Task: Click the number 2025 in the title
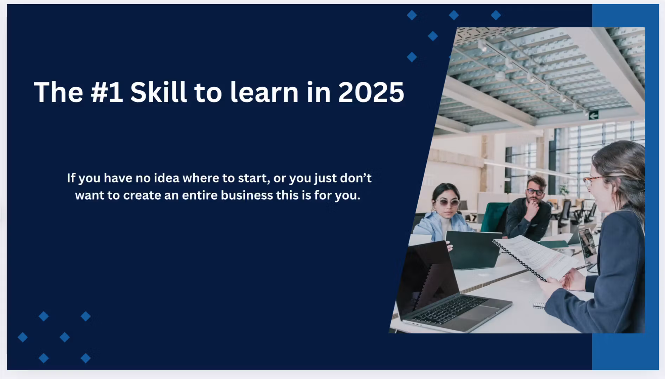[371, 92]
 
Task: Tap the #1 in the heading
[107, 92]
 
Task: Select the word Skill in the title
[158, 92]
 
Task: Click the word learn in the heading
[264, 92]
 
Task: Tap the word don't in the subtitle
[356, 178]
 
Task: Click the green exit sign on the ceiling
[594, 115]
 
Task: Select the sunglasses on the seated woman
[447, 202]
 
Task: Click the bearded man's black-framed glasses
[535, 192]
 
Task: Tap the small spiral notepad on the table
[539, 306]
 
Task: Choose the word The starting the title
[58, 92]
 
